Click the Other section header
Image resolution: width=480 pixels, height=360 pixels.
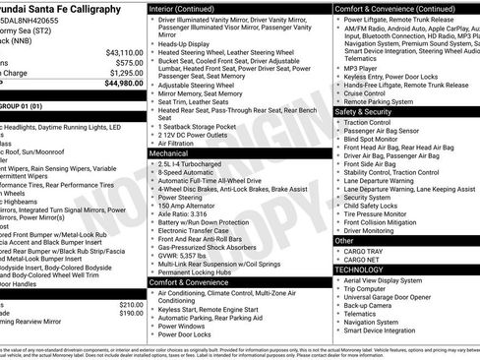pos(345,240)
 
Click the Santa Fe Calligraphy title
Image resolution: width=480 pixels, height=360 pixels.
pos(59,8)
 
